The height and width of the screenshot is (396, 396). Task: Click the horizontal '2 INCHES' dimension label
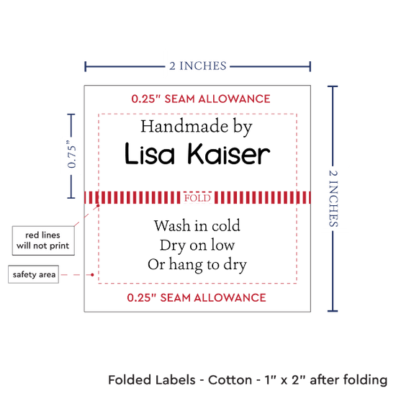click(x=198, y=66)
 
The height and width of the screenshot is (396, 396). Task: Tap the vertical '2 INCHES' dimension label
click(x=333, y=198)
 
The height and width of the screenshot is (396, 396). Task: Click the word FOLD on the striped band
click(x=197, y=198)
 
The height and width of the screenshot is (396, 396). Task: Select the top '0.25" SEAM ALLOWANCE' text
click(x=201, y=99)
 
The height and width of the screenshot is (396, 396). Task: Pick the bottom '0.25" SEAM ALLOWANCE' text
click(x=197, y=297)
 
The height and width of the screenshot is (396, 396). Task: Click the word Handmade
click(x=184, y=126)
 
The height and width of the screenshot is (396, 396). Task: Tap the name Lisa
click(x=150, y=153)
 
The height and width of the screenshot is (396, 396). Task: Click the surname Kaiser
click(x=229, y=153)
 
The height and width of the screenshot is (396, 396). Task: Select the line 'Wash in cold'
click(x=197, y=225)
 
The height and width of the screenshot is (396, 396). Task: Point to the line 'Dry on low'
click(x=197, y=246)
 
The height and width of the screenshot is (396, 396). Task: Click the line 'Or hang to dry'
click(x=197, y=265)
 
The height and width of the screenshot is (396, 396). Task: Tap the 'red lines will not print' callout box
click(x=43, y=240)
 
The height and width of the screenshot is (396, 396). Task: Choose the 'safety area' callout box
click(x=34, y=274)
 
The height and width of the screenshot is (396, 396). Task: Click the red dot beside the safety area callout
click(x=92, y=275)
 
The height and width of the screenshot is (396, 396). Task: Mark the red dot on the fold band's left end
click(x=98, y=206)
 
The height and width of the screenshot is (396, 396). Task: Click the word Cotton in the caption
click(x=230, y=380)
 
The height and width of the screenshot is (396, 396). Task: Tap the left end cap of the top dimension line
click(x=86, y=66)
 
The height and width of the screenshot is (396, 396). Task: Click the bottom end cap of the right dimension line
click(x=333, y=311)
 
